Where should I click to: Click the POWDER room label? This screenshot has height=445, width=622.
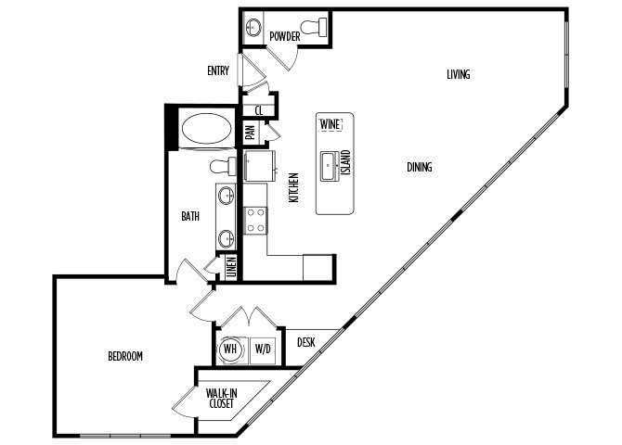[284, 36]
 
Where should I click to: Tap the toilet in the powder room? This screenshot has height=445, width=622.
[314, 27]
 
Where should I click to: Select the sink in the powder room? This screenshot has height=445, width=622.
[253, 27]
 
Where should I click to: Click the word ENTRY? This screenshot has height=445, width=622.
[218, 71]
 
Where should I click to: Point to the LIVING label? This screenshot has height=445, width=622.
[459, 74]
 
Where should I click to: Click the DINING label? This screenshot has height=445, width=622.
[420, 167]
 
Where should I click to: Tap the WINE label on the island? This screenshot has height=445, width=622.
[330, 124]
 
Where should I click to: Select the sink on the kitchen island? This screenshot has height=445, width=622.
[330, 166]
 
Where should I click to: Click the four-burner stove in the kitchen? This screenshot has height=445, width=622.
[255, 221]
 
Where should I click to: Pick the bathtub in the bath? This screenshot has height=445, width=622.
[206, 128]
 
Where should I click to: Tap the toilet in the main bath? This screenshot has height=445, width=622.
[223, 167]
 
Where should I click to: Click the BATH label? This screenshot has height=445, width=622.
[190, 216]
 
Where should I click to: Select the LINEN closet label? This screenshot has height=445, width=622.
[231, 267]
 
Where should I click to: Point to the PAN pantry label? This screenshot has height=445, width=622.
[251, 133]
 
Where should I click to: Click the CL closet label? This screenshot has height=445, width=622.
[259, 110]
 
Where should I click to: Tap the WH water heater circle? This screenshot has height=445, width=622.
[230, 350]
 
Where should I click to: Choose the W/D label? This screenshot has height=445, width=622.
[263, 350]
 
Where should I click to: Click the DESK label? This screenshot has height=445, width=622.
[306, 342]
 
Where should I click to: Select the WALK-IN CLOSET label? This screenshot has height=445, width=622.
[221, 399]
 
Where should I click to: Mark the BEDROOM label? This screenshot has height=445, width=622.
[125, 356]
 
